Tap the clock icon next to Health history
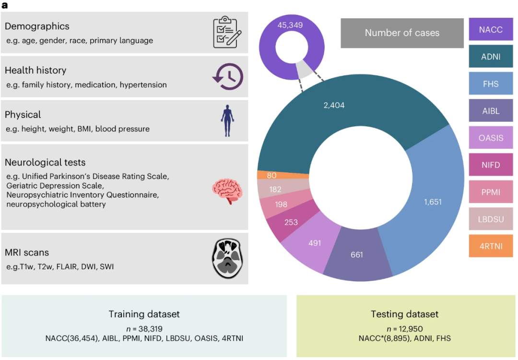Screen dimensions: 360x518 pyautogui.click(x=228, y=77)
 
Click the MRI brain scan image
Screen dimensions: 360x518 pyautogui.click(x=228, y=258)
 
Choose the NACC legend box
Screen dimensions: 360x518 pyautogui.click(x=491, y=30)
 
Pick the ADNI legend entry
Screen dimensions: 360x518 pyautogui.click(x=491, y=57)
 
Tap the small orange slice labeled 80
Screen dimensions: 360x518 pyautogui.click(x=271, y=175)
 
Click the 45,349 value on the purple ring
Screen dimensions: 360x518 pyautogui.click(x=290, y=25)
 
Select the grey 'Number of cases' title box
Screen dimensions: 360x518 pyautogui.click(x=402, y=33)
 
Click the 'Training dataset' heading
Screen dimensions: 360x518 pyautogui.click(x=144, y=314)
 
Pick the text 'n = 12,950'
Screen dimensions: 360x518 pyautogui.click(x=404, y=328)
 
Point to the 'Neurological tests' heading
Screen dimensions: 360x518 pyautogui.click(x=45, y=163)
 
